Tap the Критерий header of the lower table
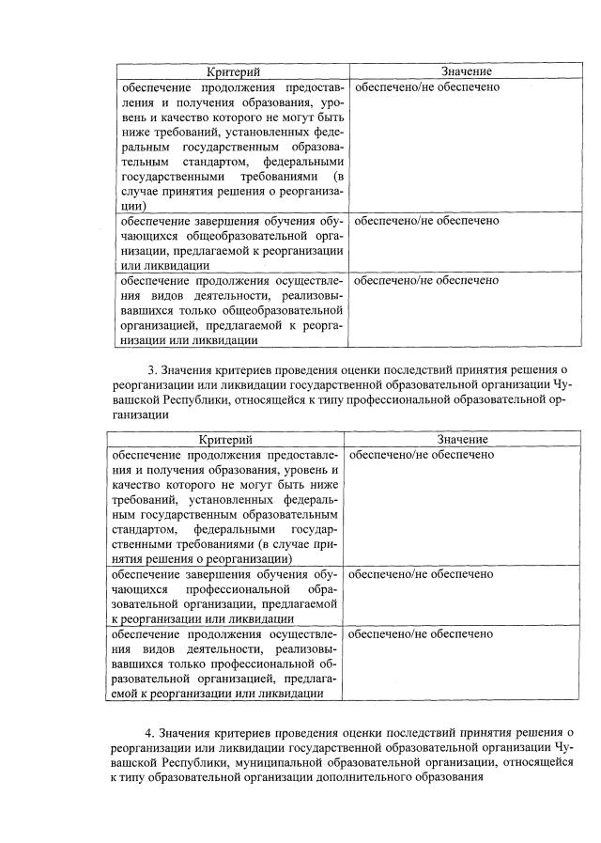tap(226, 440)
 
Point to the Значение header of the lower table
tap(462, 440)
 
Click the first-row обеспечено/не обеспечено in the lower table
tap(422, 455)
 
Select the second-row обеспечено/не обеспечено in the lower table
tap(422, 573)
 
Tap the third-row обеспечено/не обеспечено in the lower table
tap(422, 634)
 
